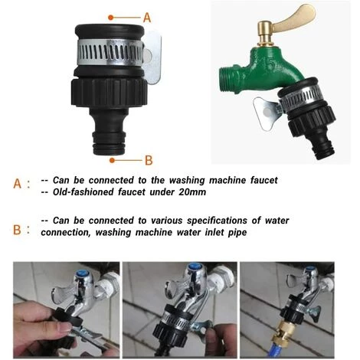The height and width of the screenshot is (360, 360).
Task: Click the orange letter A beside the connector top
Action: coord(147,16)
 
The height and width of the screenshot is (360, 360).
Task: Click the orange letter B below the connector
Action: coord(149,160)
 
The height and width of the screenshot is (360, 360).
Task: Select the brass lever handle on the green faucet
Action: coord(296,17)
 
